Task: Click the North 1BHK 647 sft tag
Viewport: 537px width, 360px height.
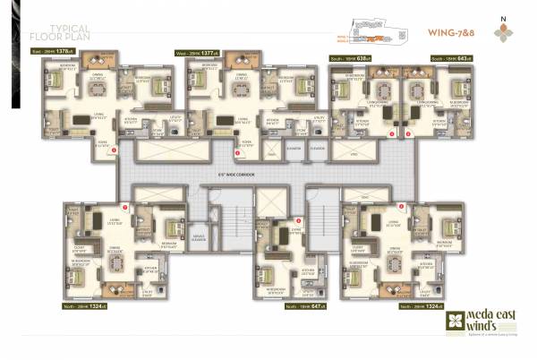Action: tap(303, 305)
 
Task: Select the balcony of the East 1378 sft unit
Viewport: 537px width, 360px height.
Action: tap(95, 61)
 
